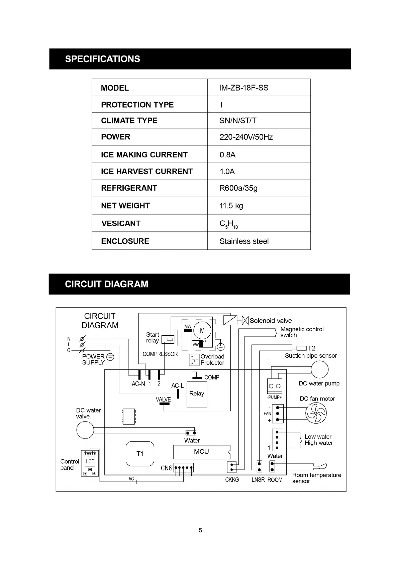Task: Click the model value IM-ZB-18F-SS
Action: pos(243,88)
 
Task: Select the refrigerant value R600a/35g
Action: pos(238,188)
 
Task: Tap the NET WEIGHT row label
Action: pos(125,206)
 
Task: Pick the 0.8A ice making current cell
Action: pos(227,155)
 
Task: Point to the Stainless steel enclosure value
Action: pos(244,241)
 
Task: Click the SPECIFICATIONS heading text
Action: pos(102,59)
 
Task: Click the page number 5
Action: pos(200,530)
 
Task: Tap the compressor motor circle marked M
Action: pos(202,331)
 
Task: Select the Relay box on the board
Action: pos(197,394)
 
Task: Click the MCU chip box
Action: pos(201,452)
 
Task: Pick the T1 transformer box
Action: pos(140,454)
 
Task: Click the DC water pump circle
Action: pos(319,370)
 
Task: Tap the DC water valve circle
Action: pos(85,430)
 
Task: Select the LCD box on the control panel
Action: pos(90,461)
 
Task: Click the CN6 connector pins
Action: pos(183,468)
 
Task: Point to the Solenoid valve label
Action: pos(271,321)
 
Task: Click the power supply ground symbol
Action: pos(110,357)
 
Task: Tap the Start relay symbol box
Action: pos(168,340)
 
